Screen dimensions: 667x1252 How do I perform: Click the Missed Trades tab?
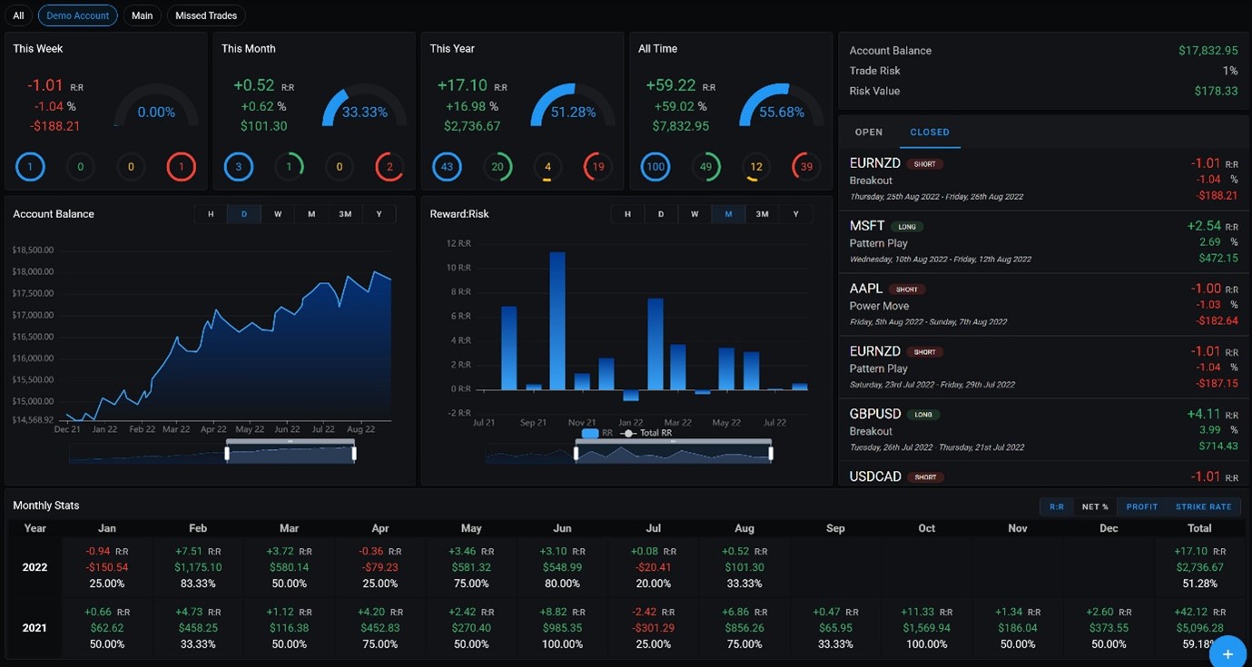(206, 15)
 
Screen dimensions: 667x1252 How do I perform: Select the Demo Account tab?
(77, 15)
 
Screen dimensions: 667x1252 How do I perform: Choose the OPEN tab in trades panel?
(868, 132)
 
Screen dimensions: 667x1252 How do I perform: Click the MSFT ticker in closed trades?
(867, 226)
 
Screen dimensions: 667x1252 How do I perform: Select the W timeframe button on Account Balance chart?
(278, 214)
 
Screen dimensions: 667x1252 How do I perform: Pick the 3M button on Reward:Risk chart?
(762, 214)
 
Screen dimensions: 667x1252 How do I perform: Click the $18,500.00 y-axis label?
(34, 250)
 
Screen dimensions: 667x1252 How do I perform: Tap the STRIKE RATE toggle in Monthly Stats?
(1203, 507)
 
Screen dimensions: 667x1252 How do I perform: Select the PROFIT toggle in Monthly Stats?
(1141, 507)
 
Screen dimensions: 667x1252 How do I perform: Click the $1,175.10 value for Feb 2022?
(198, 567)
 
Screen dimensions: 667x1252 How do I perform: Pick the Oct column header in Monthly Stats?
(926, 528)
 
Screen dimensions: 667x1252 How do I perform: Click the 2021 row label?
(35, 628)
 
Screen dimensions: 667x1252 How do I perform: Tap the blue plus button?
(1227, 653)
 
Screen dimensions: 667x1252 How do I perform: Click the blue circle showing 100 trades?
(656, 167)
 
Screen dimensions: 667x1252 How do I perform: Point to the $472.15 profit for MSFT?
(1218, 259)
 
